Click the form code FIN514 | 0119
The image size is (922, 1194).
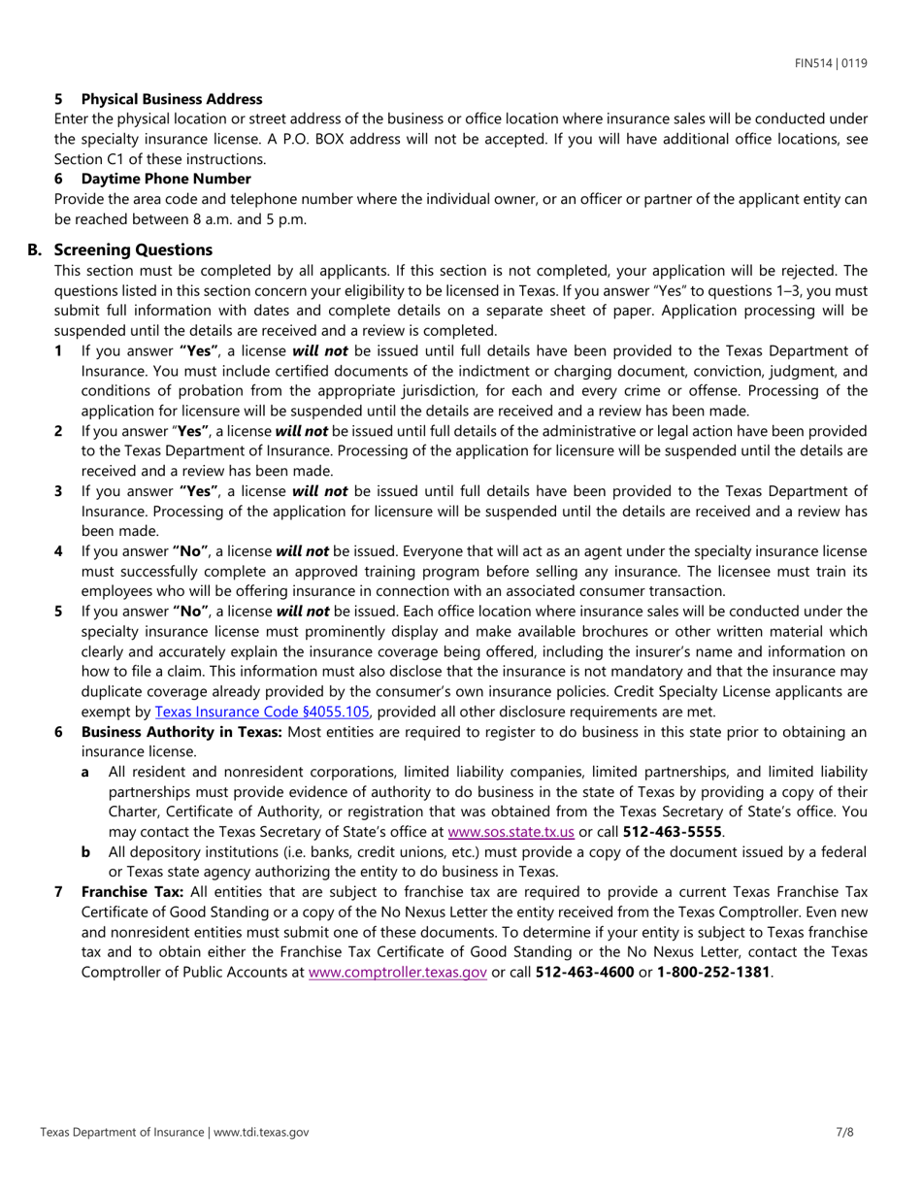coord(831,64)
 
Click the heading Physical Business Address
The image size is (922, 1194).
coord(172,99)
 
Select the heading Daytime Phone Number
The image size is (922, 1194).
coord(166,179)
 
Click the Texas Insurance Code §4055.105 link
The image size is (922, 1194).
coord(262,711)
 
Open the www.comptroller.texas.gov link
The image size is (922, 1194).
coord(397,971)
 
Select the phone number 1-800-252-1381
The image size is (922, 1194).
coord(713,971)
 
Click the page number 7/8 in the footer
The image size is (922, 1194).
coord(843,1132)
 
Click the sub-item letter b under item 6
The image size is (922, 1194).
coord(86,852)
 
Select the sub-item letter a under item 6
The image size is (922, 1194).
coord(85,771)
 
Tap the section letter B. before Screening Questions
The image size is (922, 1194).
coord(34,249)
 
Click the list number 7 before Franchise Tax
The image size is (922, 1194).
coord(58,890)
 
